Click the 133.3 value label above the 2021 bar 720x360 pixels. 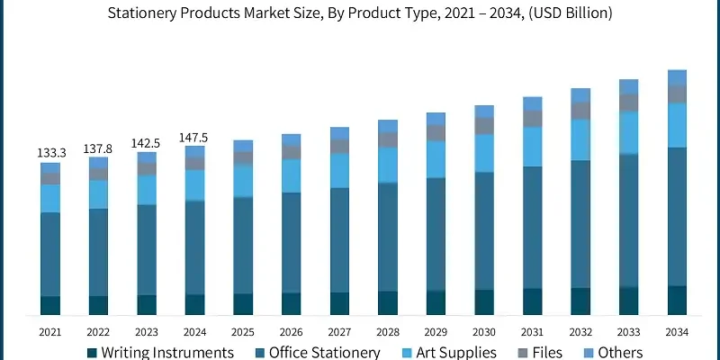coord(50,153)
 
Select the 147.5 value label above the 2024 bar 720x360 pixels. coord(194,138)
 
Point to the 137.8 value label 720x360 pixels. coord(98,148)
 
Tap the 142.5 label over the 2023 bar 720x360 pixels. coord(147,143)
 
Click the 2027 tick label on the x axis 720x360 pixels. coord(339,332)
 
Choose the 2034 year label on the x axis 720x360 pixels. coord(677,332)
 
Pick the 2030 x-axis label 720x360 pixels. coord(484,332)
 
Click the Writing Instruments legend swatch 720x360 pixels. coord(93,353)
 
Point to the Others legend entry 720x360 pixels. coord(614,353)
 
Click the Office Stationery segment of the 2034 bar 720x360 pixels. coord(677,216)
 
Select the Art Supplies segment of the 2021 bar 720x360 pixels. coord(50,198)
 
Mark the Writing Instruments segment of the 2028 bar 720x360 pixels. coord(388,303)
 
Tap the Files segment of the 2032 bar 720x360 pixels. coord(580,111)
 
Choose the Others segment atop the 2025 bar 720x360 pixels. coord(243,146)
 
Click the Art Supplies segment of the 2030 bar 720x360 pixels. coord(484,153)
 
